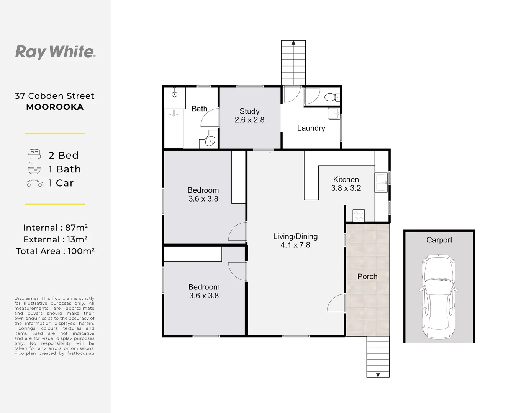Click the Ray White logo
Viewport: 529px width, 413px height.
56,52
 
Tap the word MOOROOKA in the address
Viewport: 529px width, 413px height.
55,107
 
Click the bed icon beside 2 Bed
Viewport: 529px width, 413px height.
34,154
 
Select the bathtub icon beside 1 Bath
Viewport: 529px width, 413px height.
34,168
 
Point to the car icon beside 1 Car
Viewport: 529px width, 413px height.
34,183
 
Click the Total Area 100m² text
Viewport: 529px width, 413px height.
55,251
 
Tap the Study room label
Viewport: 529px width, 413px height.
249,111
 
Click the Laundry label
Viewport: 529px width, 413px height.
311,128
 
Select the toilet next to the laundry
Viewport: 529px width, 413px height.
332,97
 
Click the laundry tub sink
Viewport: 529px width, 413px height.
334,114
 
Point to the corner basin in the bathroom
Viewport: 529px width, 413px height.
209,140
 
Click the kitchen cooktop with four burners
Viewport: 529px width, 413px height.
359,216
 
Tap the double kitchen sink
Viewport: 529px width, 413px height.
381,182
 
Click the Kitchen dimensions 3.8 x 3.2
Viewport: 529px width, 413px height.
346,188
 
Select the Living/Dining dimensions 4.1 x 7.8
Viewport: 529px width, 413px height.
295,245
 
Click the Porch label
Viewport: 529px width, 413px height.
367,276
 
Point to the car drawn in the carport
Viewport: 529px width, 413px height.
439,297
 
